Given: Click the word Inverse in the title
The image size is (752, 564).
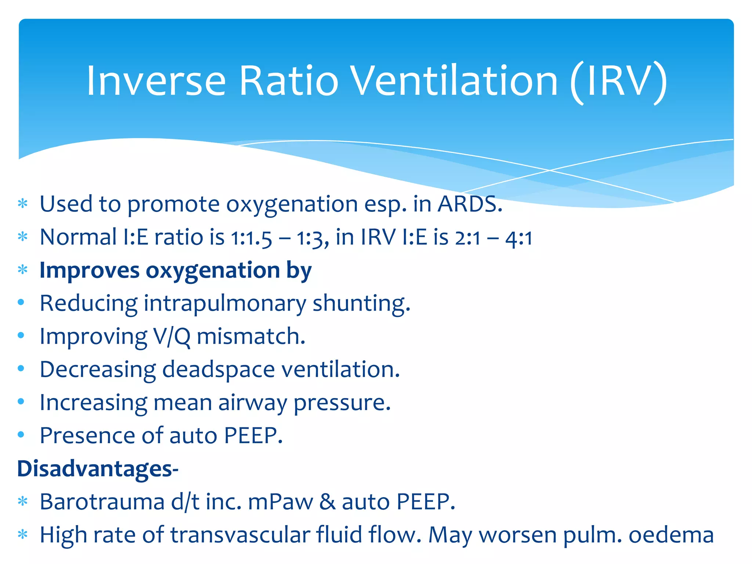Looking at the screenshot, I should pos(156,81).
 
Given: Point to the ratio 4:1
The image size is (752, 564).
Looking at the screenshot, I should pos(518,238).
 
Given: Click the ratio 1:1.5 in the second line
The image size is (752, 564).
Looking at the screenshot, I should pos(252,238).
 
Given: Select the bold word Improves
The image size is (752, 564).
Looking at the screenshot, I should pos(89,271).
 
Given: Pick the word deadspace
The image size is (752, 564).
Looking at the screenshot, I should pos(218,370).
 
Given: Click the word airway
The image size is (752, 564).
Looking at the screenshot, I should pos(252,403).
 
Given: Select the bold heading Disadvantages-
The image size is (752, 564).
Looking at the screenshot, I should pos(98,469).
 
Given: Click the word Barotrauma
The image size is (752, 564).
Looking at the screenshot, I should pos(102,502).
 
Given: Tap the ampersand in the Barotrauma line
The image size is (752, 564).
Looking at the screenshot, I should pos(327,502).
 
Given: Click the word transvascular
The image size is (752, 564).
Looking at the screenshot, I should pos(240,535).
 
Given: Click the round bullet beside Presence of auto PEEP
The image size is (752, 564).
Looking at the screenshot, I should pos(21,435).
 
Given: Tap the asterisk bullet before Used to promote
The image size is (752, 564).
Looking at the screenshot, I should pos(23,203).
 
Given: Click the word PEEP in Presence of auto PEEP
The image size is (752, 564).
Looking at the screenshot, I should pos(253,436).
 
